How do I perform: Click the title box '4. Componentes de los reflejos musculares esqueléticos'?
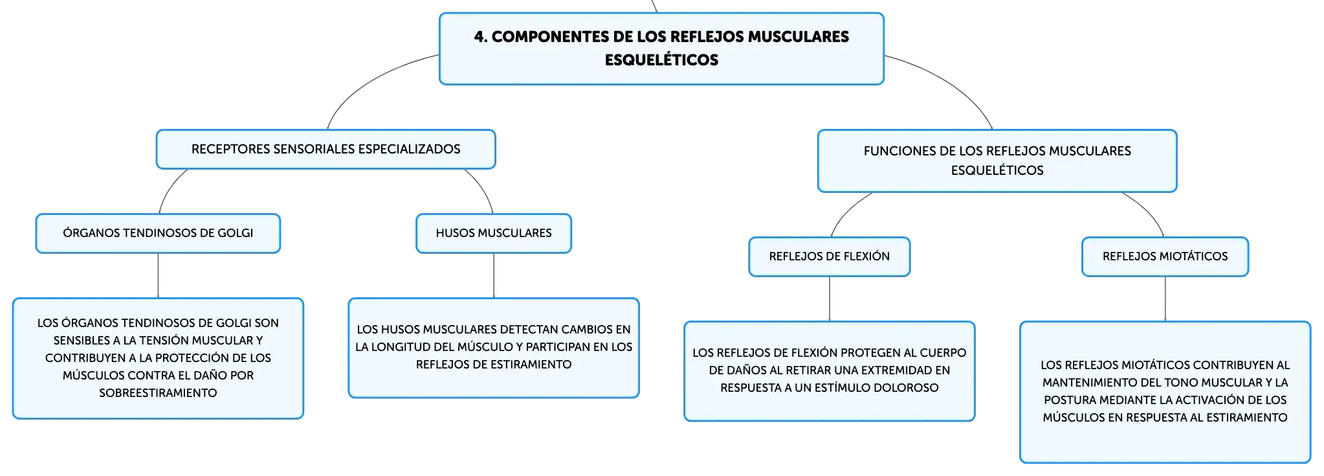[x=661, y=49]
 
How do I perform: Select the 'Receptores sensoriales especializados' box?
[x=325, y=149]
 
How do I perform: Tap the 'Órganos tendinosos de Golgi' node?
[x=158, y=233]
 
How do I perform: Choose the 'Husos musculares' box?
[x=494, y=233]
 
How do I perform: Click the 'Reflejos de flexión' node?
[x=830, y=256]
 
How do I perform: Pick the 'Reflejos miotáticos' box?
[x=1165, y=256]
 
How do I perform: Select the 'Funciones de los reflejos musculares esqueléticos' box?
[x=997, y=161]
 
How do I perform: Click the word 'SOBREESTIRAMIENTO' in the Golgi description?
[x=158, y=393]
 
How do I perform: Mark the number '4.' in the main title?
[x=481, y=37]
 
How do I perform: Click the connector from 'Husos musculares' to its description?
[x=494, y=275]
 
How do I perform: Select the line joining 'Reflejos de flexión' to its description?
[x=830, y=299]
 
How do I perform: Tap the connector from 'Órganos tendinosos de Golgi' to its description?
[x=158, y=275]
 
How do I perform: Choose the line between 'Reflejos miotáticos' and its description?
[x=1165, y=299]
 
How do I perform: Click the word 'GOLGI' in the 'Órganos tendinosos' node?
[x=236, y=233]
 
